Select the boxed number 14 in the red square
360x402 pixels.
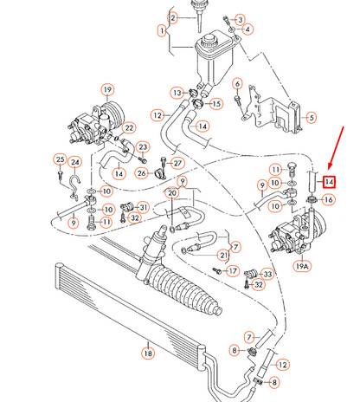click(329, 181)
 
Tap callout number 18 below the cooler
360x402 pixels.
click(147, 353)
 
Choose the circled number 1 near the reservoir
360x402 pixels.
click(162, 31)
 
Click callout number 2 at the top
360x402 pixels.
click(173, 17)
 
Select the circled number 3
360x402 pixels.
click(240, 18)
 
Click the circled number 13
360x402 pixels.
click(177, 93)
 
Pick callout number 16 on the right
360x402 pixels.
click(328, 200)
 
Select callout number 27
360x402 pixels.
click(177, 162)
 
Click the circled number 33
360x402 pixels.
click(267, 275)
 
